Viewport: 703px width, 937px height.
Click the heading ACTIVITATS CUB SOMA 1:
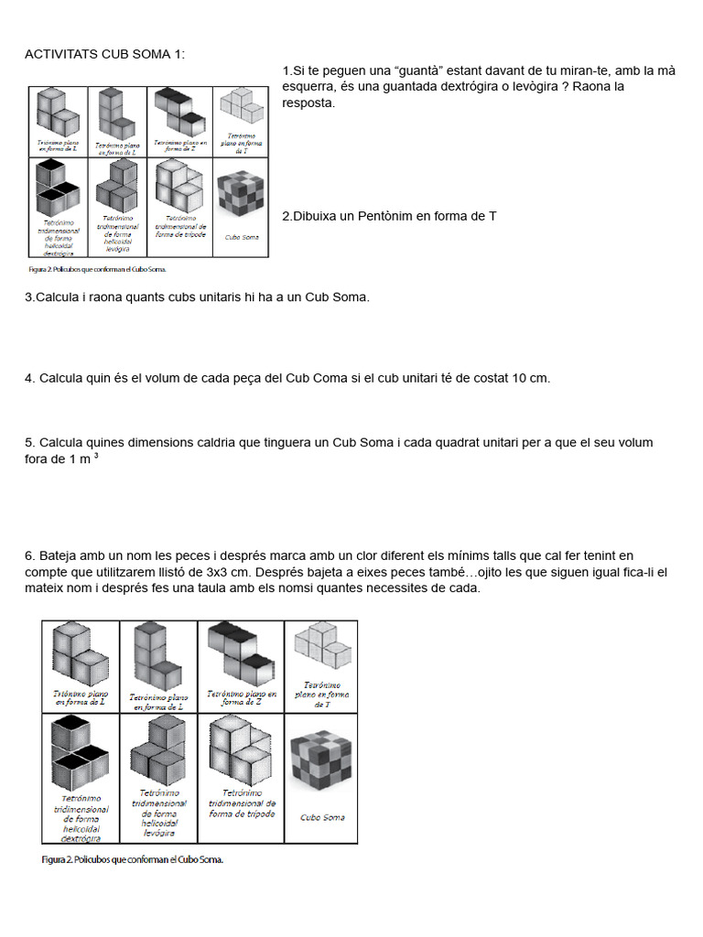tap(104, 54)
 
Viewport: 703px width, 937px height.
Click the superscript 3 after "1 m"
tap(96, 455)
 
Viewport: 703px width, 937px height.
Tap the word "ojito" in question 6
tap(492, 572)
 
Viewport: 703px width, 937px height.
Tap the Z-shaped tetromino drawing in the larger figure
tap(242, 654)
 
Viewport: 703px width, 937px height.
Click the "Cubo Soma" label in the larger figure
tap(321, 817)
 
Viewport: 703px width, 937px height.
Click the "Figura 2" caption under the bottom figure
tap(133, 859)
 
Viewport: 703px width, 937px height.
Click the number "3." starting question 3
tap(30, 297)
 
